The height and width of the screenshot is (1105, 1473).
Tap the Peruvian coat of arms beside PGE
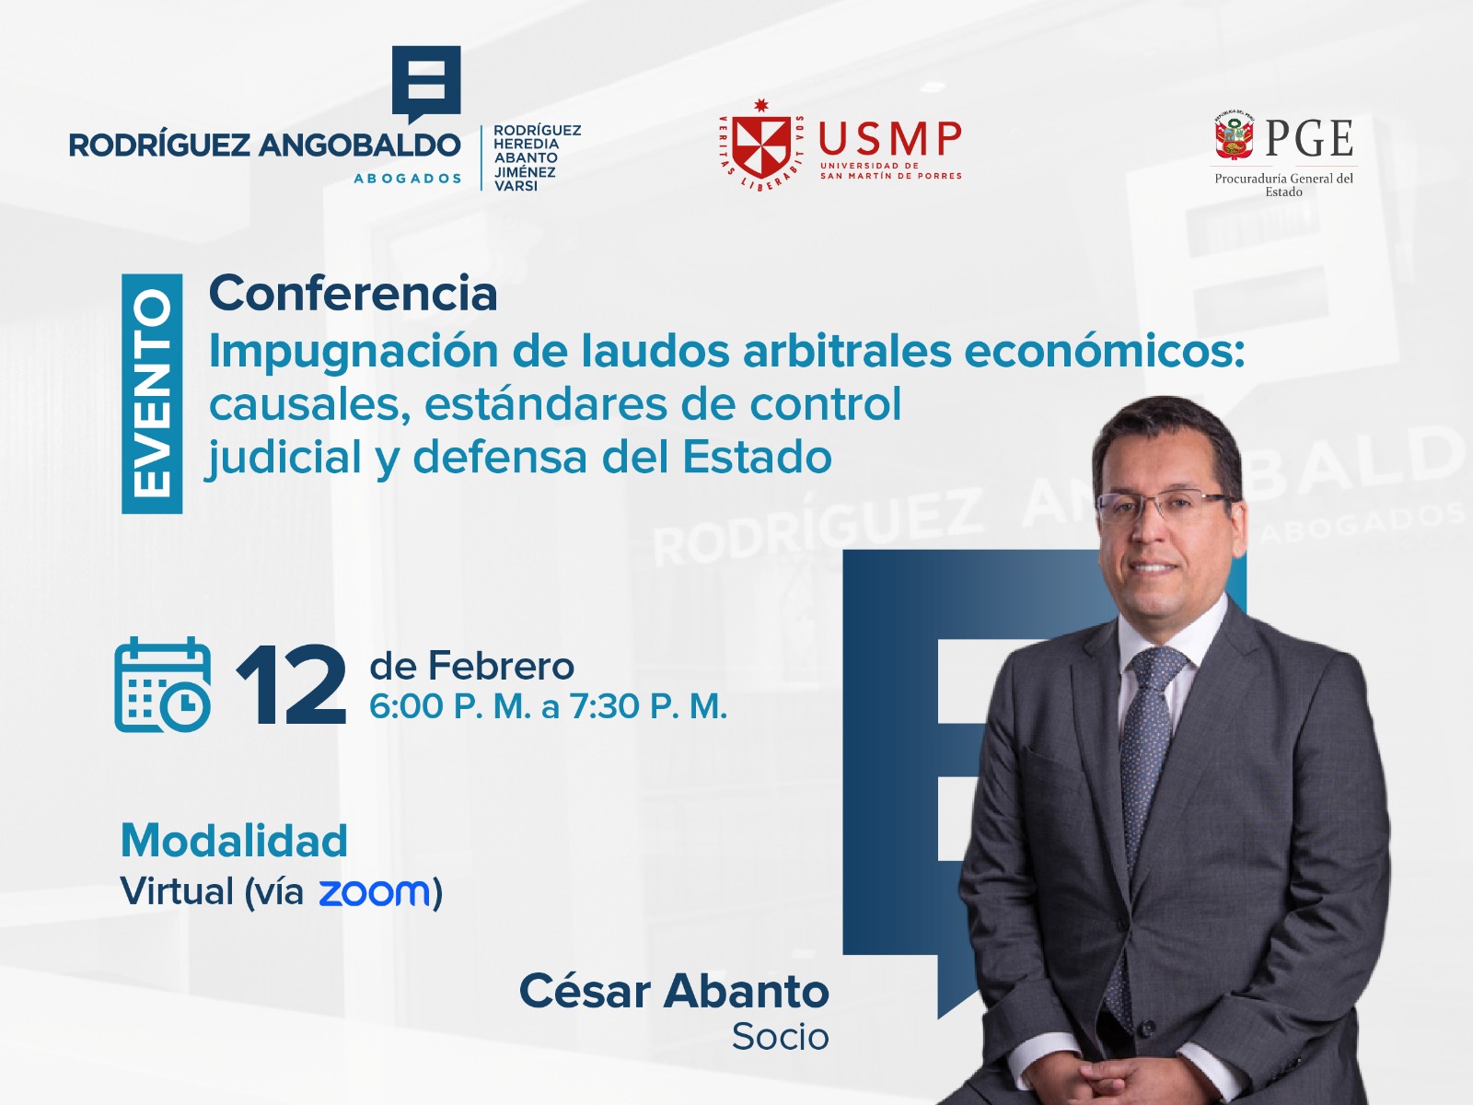(x=1234, y=137)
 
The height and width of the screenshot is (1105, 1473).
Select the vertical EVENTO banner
(x=152, y=393)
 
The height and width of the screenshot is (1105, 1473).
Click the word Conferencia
(x=353, y=293)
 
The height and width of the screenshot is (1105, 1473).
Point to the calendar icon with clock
(x=162, y=683)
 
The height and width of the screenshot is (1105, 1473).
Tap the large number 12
(x=291, y=685)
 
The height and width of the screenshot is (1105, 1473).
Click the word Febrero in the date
(x=501, y=666)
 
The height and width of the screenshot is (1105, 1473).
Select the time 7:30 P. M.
(x=648, y=705)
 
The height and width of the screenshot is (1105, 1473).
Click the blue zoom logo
(x=374, y=892)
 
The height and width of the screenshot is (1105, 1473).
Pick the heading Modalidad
(x=234, y=840)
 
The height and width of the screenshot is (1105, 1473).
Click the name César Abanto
(x=675, y=991)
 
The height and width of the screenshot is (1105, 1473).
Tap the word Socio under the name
(x=781, y=1037)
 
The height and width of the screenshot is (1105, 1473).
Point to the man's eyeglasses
(x=1165, y=506)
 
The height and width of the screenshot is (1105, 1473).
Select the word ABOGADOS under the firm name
(x=407, y=179)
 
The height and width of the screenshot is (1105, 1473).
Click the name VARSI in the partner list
(x=516, y=186)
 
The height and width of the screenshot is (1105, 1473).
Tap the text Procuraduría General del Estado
(x=1283, y=184)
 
